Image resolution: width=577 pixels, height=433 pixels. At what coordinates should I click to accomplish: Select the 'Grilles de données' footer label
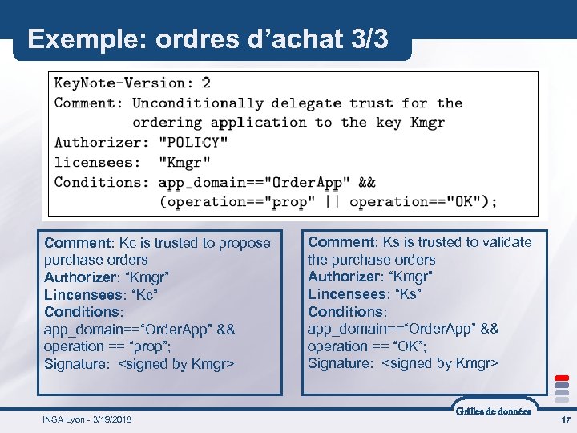(493, 411)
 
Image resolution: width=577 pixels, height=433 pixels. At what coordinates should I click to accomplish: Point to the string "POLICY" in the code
(193, 143)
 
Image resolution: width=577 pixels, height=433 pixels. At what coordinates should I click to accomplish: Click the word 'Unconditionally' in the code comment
(197, 103)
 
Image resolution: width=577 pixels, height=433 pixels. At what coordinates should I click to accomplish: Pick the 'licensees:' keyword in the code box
(97, 162)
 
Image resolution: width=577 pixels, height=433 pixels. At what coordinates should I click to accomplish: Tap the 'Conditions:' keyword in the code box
(101, 182)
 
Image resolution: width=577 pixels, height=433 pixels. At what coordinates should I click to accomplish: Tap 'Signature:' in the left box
(78, 364)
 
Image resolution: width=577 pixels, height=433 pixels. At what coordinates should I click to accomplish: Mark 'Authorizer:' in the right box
(345, 277)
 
